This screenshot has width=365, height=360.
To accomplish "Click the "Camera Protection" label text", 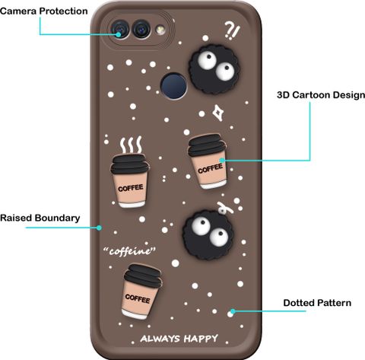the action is [43, 11].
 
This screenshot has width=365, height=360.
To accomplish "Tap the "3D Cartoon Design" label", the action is [321, 95].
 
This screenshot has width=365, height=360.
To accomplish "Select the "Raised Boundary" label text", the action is [40, 218].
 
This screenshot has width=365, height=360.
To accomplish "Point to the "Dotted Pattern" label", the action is [317, 303].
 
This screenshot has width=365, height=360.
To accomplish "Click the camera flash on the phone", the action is [160, 30].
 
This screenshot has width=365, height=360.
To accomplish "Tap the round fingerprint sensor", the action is [174, 86].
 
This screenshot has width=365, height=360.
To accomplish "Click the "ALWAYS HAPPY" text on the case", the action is [179, 339].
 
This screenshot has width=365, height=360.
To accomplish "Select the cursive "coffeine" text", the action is [129, 251].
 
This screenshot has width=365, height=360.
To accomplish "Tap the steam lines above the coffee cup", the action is [131, 145].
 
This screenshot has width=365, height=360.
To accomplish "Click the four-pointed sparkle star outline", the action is [218, 113].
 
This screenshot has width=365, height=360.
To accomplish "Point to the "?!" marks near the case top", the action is [232, 30].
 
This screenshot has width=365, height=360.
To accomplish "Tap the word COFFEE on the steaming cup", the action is [131, 188].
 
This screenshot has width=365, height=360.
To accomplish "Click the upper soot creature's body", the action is [214, 69].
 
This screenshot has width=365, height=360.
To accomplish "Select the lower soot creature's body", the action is [208, 234].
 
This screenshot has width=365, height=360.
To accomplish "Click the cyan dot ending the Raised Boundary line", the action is [100, 228].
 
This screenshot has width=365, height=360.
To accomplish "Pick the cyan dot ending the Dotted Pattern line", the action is [233, 311].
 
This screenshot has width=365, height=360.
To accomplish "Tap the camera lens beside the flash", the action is [141, 29].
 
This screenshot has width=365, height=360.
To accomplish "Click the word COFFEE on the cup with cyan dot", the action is [210, 168].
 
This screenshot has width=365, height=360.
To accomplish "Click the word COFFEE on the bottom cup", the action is [138, 298].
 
